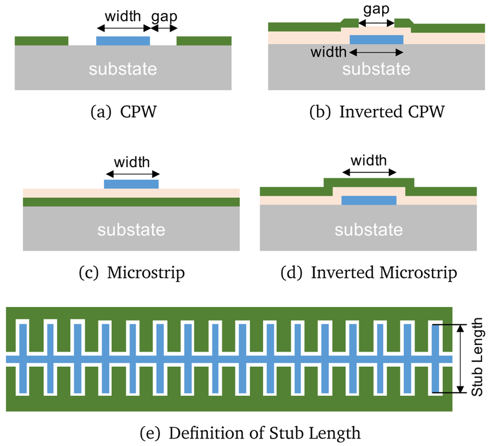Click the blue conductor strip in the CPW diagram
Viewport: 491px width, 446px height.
pyautogui.click(x=123, y=41)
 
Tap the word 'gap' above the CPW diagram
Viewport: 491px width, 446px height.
pyautogui.click(x=164, y=17)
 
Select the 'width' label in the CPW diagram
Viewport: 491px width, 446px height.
pyautogui.click(x=123, y=16)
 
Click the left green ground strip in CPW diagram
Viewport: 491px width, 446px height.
pyautogui.click(x=42, y=41)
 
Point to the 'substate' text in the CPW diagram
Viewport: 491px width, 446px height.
pyautogui.click(x=123, y=69)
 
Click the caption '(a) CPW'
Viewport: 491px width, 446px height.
pyautogui.click(x=123, y=112)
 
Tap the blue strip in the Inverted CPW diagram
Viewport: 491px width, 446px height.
pyautogui.click(x=377, y=39)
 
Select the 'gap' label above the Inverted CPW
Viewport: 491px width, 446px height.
pyautogui.click(x=376, y=10)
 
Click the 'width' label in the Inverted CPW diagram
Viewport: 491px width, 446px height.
pyautogui.click(x=328, y=52)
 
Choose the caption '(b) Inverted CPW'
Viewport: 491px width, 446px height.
pyautogui.click(x=377, y=112)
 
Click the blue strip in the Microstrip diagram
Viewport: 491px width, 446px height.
pyautogui.click(x=131, y=184)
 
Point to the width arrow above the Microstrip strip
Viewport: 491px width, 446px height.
pyautogui.click(x=133, y=174)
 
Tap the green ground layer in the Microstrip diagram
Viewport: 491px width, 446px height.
pyautogui.click(x=132, y=202)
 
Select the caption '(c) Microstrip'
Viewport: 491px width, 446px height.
pyautogui.click(x=132, y=272)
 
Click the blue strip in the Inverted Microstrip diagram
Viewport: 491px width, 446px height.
pyautogui.click(x=369, y=201)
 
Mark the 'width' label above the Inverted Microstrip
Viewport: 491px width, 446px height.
pyautogui.click(x=369, y=161)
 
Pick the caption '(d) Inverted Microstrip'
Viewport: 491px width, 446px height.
pyautogui.click(x=369, y=272)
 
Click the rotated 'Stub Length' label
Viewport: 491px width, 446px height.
pyautogui.click(x=477, y=357)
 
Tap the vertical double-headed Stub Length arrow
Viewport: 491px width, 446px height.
pyautogui.click(x=460, y=358)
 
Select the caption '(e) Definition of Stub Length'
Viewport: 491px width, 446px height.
pyautogui.click(x=250, y=433)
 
